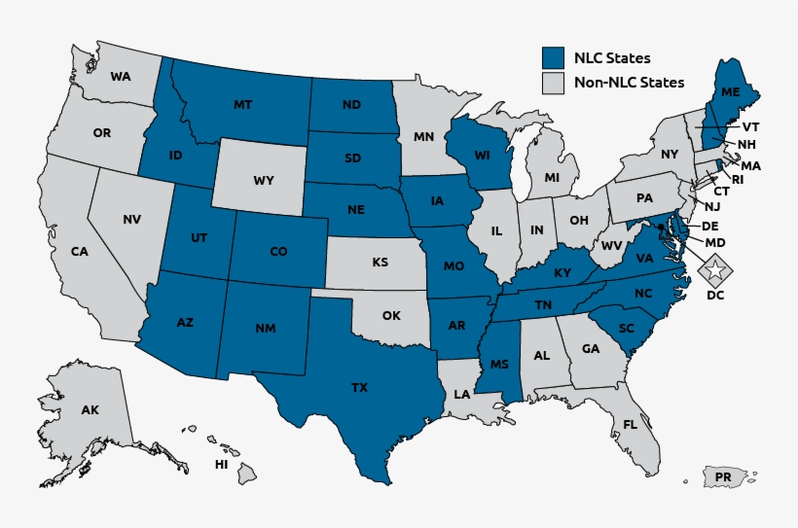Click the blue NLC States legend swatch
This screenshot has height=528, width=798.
coord(553,57)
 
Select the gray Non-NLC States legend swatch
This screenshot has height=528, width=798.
coord(553,83)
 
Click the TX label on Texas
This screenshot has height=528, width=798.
coord(359,387)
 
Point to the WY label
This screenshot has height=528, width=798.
coord(264,180)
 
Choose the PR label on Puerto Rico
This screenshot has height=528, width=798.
coord(723,477)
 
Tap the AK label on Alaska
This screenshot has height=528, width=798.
coord(91,411)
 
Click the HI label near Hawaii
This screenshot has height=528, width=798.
coord(222,465)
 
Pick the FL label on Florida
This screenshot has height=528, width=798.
coord(630,424)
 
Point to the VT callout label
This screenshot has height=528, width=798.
coord(750,127)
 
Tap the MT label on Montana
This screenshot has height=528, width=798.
coord(243,104)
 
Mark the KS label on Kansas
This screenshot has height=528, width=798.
coord(380,262)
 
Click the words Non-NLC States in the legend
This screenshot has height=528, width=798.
coord(629,83)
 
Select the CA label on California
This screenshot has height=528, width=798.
coord(80,251)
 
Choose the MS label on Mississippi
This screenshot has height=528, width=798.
coord(499,365)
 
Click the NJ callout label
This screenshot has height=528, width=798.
coord(712,206)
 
